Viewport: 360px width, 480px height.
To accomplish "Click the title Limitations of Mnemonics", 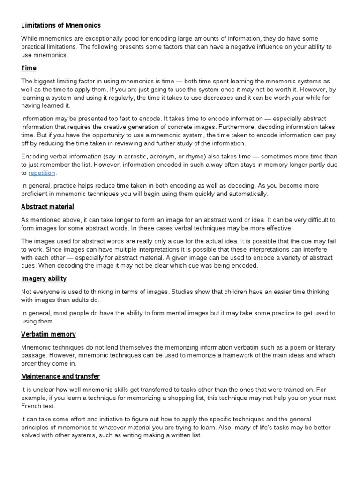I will point(61,25).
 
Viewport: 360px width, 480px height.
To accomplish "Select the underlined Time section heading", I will point(29,68).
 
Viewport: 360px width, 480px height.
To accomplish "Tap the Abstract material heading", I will point(47,207).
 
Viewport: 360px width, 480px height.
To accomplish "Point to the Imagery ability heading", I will point(44,278).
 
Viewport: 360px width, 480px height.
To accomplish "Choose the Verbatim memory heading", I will point(48,334).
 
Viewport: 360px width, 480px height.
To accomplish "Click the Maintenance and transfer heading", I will point(60,376).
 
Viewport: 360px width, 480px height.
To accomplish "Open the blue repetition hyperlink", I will point(42,173).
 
